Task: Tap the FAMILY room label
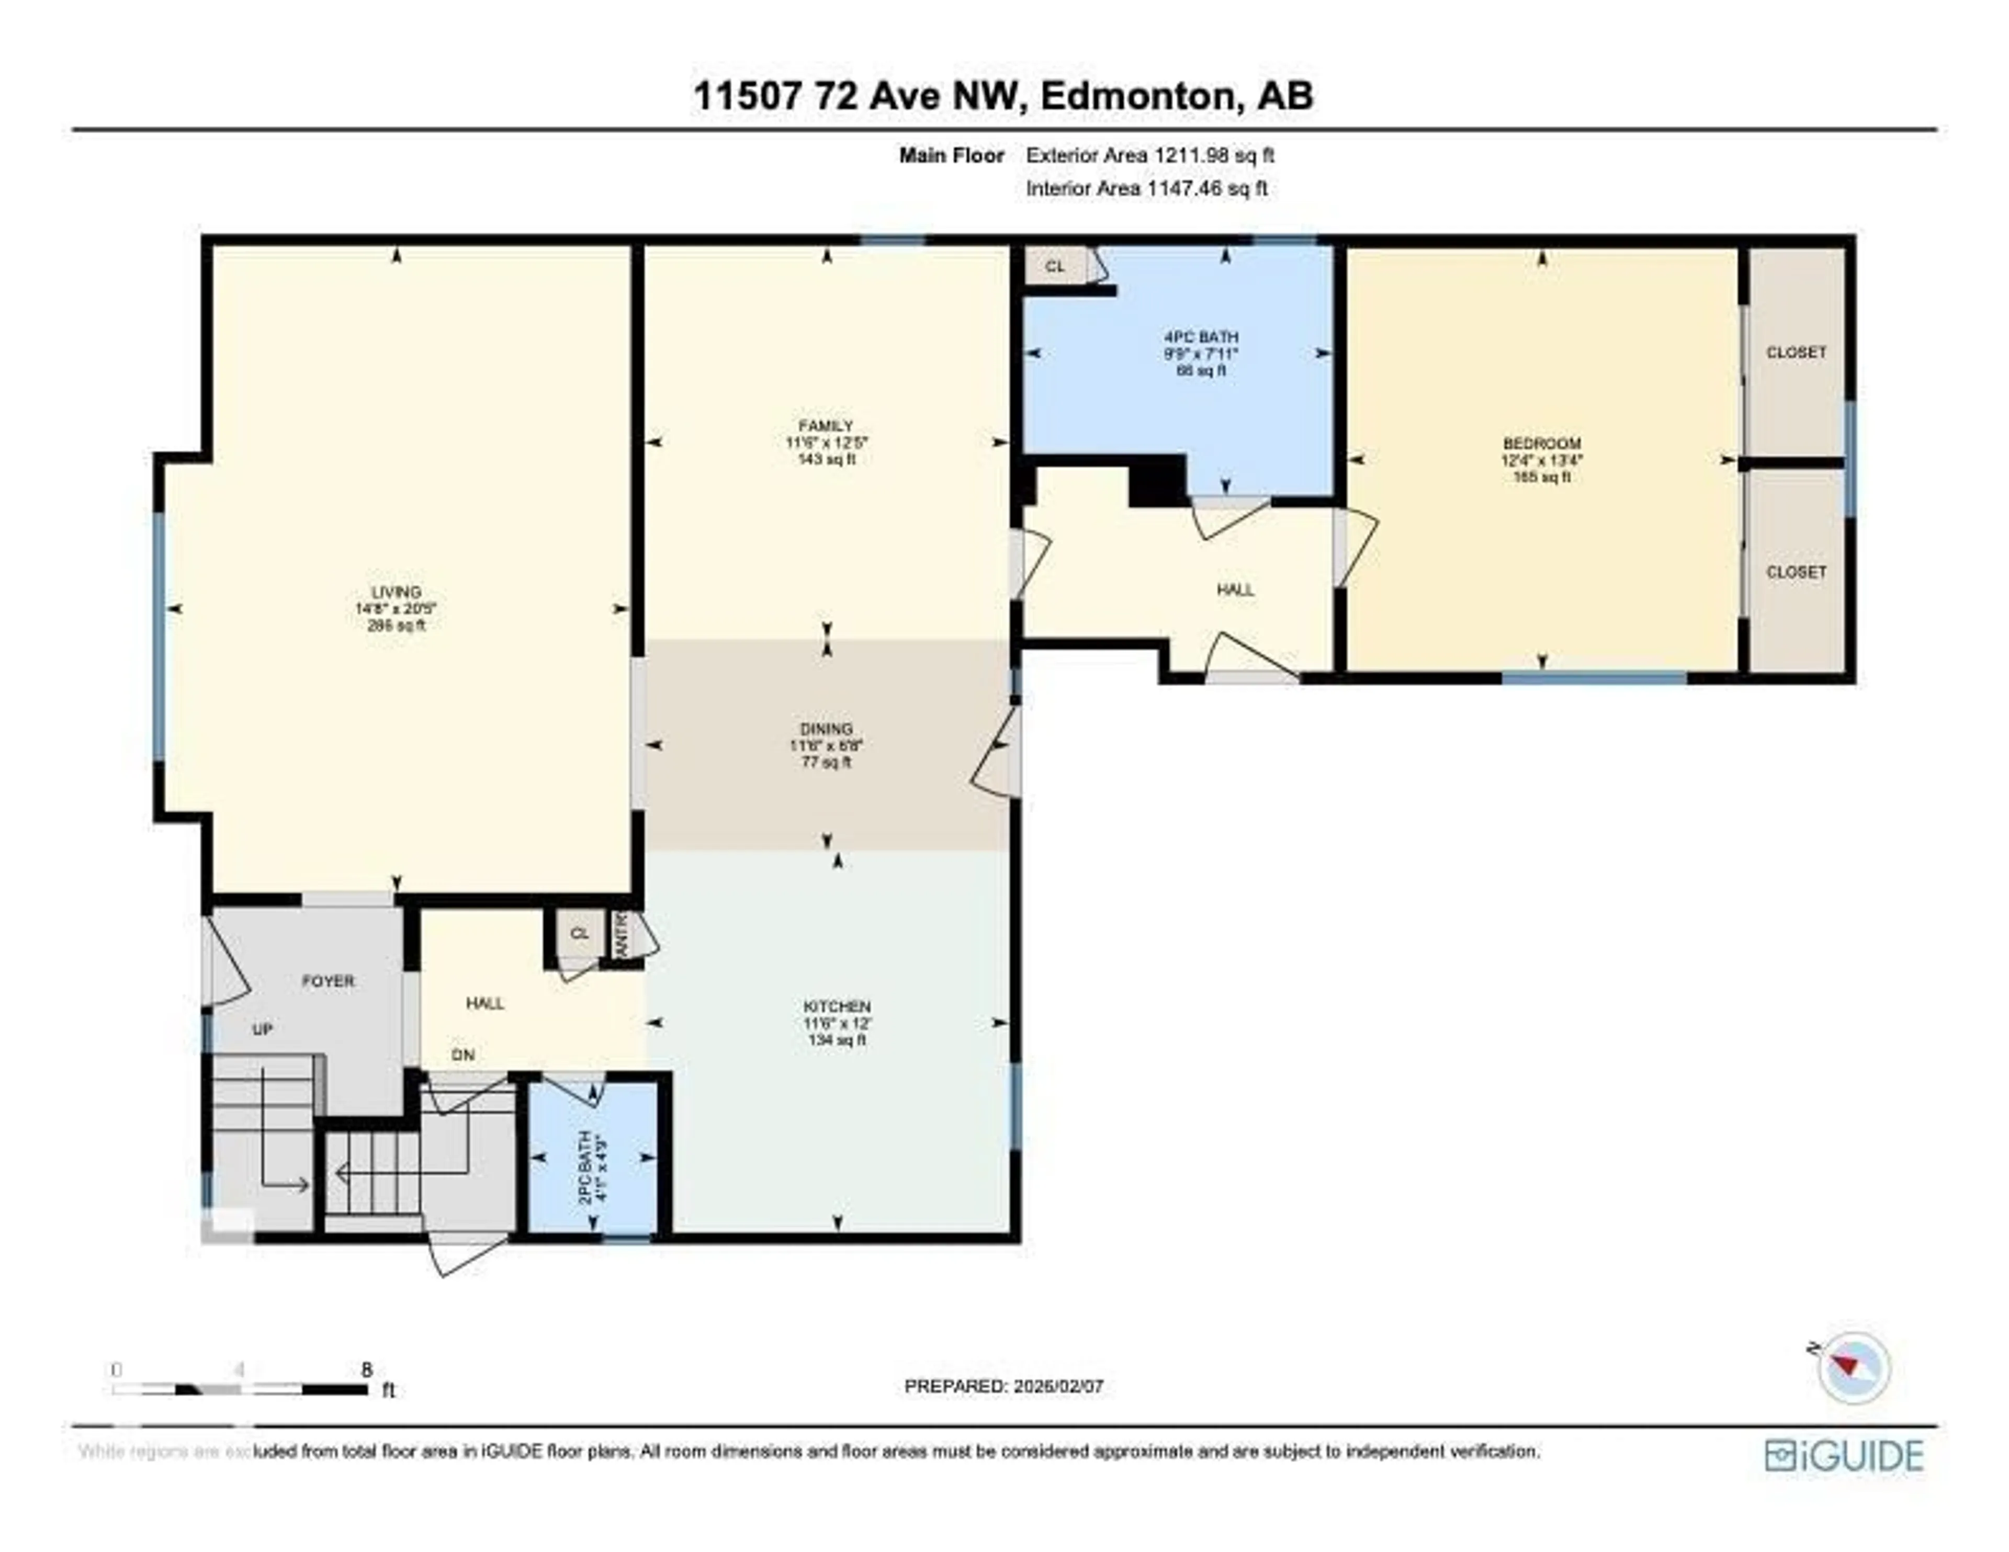tap(826, 426)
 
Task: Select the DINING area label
tap(826, 729)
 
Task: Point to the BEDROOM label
tap(1542, 443)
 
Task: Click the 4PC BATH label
tap(1201, 337)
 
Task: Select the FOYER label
tap(328, 981)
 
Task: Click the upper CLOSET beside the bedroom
tap(1796, 353)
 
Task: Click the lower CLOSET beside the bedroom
tap(1796, 571)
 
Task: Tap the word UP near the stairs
tap(262, 1029)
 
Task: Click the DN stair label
tap(462, 1055)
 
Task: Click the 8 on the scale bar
tap(367, 1369)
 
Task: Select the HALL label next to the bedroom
tap(1235, 590)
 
